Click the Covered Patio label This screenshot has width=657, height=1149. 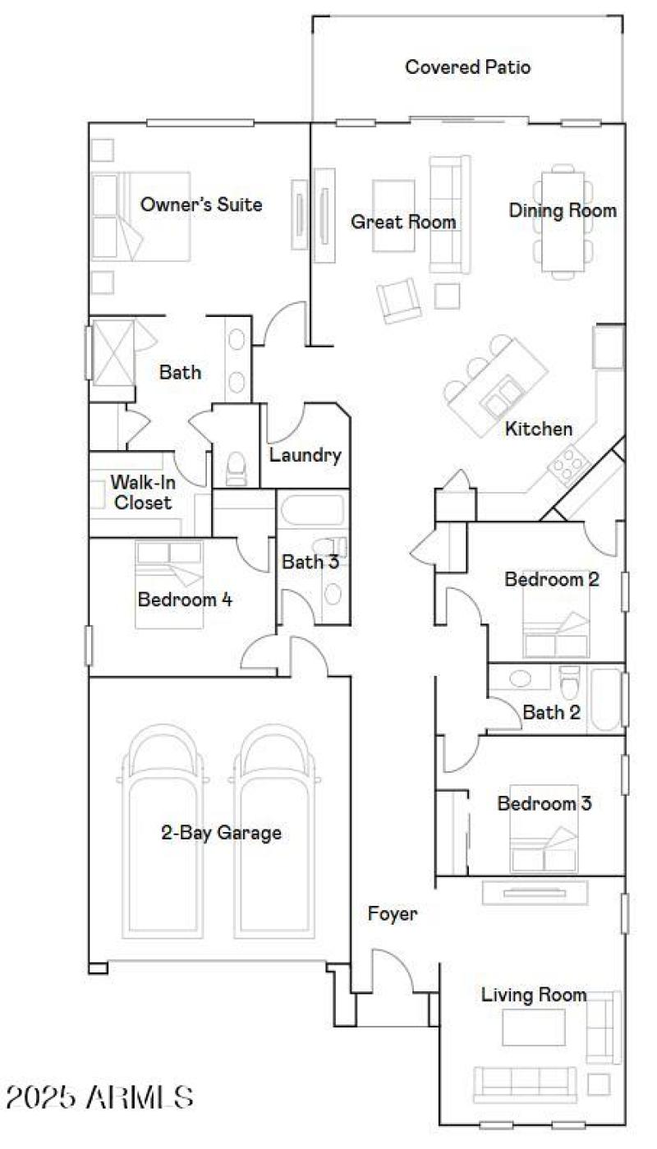click(x=467, y=67)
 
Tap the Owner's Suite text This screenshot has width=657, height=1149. click(x=201, y=205)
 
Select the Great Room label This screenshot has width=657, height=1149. click(x=403, y=222)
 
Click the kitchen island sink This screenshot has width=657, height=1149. click(x=502, y=398)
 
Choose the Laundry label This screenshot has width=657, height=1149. click(x=305, y=455)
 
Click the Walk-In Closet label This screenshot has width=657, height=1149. click(x=142, y=492)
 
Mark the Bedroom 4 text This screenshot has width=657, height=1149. click(x=185, y=600)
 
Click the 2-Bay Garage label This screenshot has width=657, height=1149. click(x=221, y=833)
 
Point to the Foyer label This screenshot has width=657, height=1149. click(x=392, y=913)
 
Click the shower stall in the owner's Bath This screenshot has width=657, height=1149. click(x=111, y=351)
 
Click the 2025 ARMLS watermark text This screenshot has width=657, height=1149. click(x=100, y=1096)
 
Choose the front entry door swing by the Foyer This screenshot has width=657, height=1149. click(x=393, y=969)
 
